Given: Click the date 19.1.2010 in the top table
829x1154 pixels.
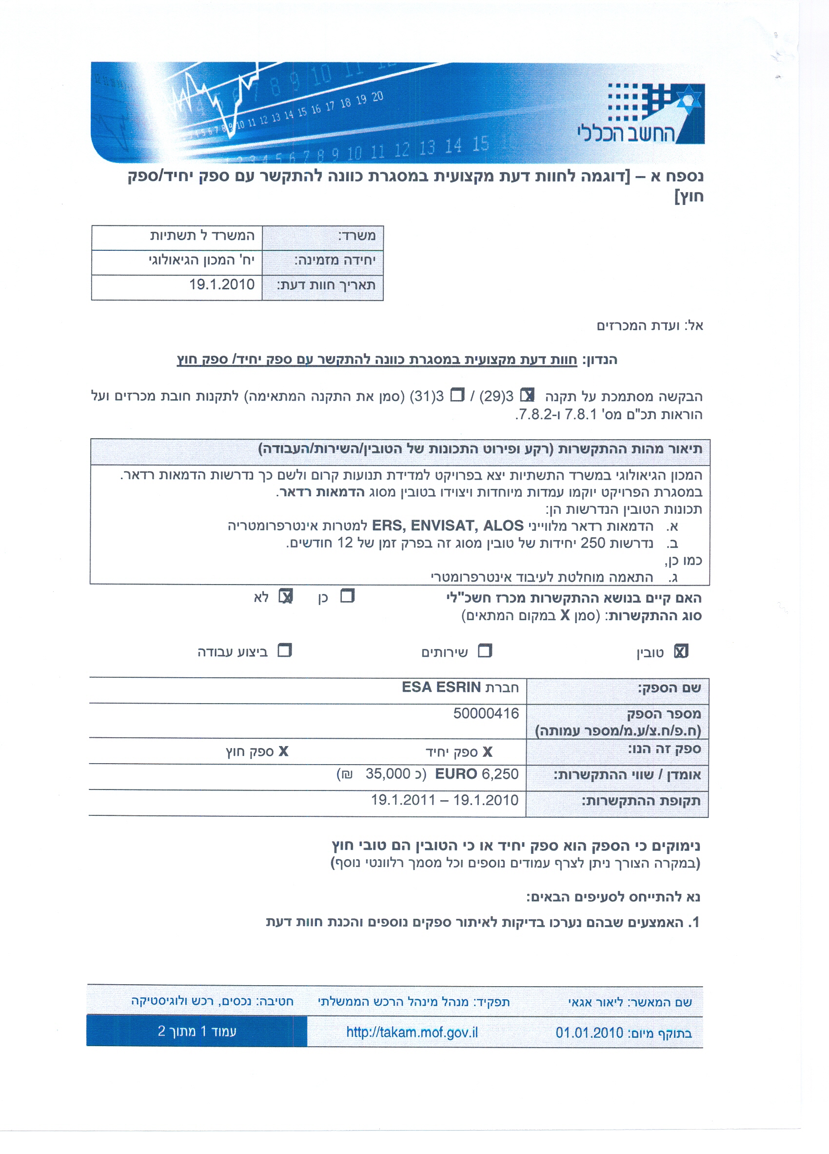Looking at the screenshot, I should point(222,284).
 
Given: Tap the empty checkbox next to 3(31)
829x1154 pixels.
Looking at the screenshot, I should point(458,395).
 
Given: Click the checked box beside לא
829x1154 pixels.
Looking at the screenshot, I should point(286,596).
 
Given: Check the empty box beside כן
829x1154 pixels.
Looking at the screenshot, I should point(347,596).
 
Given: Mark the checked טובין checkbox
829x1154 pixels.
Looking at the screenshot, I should point(680,651).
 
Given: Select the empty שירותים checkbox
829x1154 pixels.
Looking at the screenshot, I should point(485,651).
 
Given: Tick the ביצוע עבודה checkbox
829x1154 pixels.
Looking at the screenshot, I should point(284,651).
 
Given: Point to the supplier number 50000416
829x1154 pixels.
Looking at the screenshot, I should point(486,713).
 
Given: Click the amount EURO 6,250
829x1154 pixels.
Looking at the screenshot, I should point(476,774).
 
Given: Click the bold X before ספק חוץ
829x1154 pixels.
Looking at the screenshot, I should point(283,751).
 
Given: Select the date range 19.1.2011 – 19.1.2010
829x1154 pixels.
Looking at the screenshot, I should point(445,800).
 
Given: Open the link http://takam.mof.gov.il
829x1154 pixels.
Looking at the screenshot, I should point(412,1033).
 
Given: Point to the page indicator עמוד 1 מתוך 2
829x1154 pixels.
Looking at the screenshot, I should point(197,1032).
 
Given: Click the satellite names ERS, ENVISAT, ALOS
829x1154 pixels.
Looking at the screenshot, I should point(448,526).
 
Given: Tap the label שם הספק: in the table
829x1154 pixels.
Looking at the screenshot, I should point(670,688).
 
